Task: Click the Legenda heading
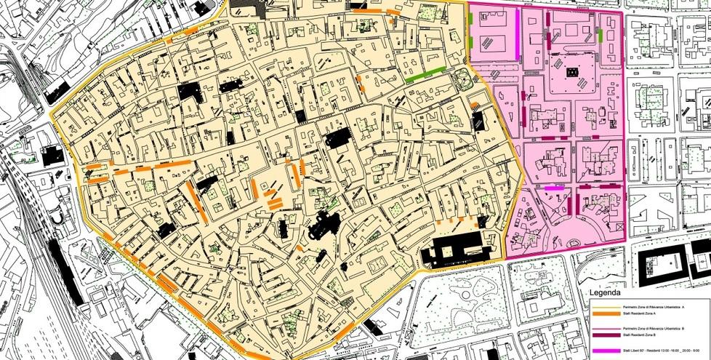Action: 604,294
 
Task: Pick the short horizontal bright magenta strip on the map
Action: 554,188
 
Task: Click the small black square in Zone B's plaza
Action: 573,72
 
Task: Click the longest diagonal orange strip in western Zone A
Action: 197,201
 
